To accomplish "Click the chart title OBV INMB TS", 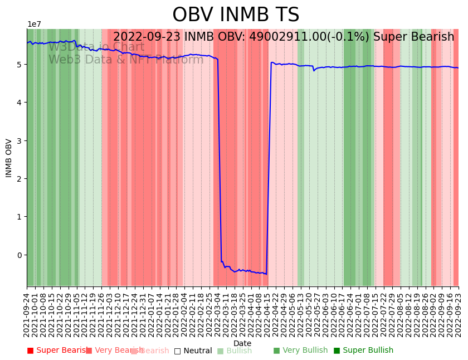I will [x=236, y=15].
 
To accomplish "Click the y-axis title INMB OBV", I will [x=9, y=158].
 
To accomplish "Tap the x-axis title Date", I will [x=242, y=343].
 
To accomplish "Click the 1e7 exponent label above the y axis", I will [x=34, y=25].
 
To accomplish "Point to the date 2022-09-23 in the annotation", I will [x=147, y=37].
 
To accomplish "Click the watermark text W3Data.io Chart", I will [x=96, y=47].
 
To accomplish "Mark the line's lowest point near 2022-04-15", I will [x=266, y=274].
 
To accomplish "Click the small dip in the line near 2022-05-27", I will [x=314, y=70].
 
